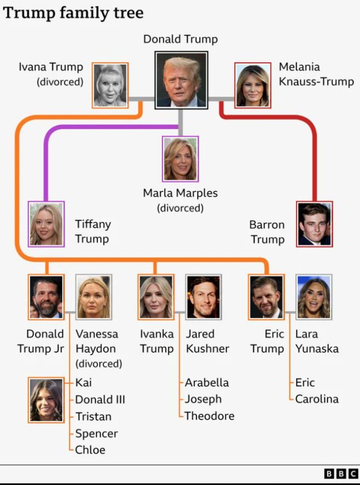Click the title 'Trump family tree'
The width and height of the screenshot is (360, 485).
click(x=73, y=13)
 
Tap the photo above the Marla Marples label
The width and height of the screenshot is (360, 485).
click(x=180, y=159)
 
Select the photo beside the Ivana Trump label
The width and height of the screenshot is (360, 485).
click(x=110, y=85)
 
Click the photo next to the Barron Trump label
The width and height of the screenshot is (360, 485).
click(x=314, y=224)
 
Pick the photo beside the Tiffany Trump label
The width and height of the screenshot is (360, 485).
click(x=46, y=224)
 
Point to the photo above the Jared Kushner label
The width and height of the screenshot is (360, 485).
click(x=204, y=297)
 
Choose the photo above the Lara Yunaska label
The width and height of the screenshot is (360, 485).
click(x=314, y=297)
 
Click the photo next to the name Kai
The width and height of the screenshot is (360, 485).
click(x=46, y=400)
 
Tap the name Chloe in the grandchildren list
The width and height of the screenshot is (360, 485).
click(x=90, y=450)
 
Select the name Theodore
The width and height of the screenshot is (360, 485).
click(x=210, y=416)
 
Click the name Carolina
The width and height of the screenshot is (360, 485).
click(x=317, y=399)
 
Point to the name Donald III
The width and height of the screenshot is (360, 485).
click(x=100, y=399)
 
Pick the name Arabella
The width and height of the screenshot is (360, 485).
click(x=207, y=383)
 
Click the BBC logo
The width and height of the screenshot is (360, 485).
click(x=341, y=474)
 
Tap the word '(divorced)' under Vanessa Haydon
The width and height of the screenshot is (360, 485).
click(x=98, y=363)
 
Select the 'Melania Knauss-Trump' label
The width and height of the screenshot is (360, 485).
click(x=317, y=74)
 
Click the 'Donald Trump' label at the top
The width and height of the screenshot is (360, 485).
click(x=181, y=39)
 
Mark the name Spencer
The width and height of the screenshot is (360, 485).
click(x=97, y=434)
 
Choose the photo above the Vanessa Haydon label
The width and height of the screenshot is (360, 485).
click(x=94, y=297)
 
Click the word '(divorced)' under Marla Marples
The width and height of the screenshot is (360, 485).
click(x=180, y=208)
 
